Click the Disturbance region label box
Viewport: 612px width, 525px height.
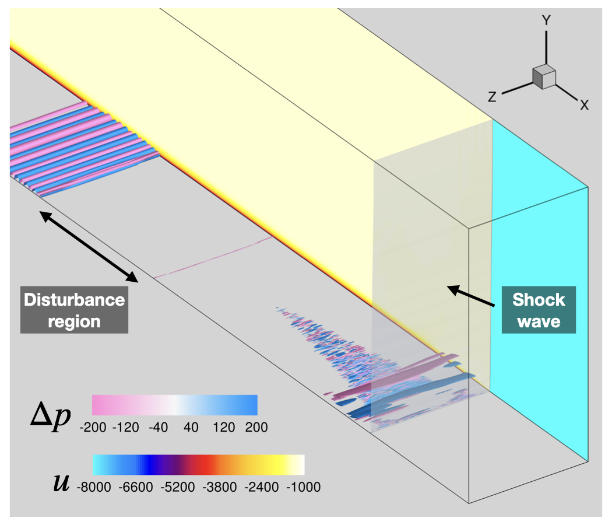[74, 310]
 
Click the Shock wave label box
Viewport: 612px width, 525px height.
[539, 310]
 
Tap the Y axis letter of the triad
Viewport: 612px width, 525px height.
[547, 20]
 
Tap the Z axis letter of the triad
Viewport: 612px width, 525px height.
[493, 96]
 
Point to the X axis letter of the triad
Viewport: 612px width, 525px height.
[584, 104]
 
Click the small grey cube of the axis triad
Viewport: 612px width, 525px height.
[544, 77]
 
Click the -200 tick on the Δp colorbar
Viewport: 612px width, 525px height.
[93, 428]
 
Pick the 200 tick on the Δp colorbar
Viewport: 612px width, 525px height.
[256, 428]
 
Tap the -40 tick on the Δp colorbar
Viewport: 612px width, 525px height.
[159, 428]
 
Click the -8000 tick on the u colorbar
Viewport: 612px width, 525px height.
[94, 487]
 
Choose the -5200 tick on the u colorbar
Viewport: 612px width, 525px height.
[178, 487]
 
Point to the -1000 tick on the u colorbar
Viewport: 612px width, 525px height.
[304, 487]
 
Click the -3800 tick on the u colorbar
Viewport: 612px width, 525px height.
[220, 487]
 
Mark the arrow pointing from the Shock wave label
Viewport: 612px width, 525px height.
[471, 296]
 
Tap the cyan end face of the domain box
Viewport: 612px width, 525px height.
[540, 289]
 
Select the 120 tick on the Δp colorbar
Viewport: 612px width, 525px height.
[224, 428]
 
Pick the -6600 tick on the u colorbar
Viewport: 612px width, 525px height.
[136, 487]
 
